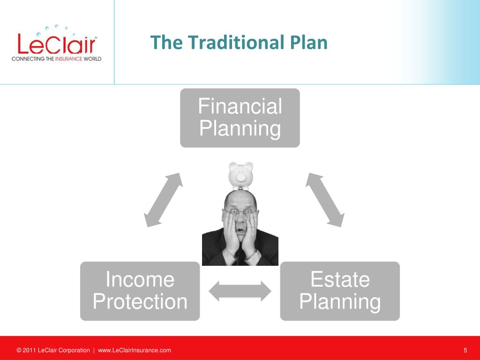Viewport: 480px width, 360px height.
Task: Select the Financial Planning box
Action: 240,118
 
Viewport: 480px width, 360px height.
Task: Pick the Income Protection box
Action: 140,291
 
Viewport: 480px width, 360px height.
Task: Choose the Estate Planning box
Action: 340,291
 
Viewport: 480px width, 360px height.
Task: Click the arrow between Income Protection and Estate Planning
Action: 240,291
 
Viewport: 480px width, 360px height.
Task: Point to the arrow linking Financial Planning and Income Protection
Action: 163,200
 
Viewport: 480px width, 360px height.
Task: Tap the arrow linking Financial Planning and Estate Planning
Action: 325,200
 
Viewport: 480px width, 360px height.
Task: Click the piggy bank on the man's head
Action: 241,175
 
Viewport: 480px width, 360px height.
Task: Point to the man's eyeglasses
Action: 241,212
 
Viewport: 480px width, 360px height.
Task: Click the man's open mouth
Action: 241,231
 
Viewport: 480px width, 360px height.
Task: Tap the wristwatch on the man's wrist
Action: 252,255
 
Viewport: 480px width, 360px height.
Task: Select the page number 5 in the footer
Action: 465,350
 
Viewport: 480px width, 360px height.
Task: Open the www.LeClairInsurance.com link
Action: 135,350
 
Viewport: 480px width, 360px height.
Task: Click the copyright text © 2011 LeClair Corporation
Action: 53,350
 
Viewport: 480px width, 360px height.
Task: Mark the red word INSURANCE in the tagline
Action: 69,59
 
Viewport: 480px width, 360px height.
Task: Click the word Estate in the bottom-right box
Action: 340,279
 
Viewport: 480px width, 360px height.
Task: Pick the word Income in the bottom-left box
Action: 140,279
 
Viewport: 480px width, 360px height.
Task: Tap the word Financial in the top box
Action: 240,106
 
